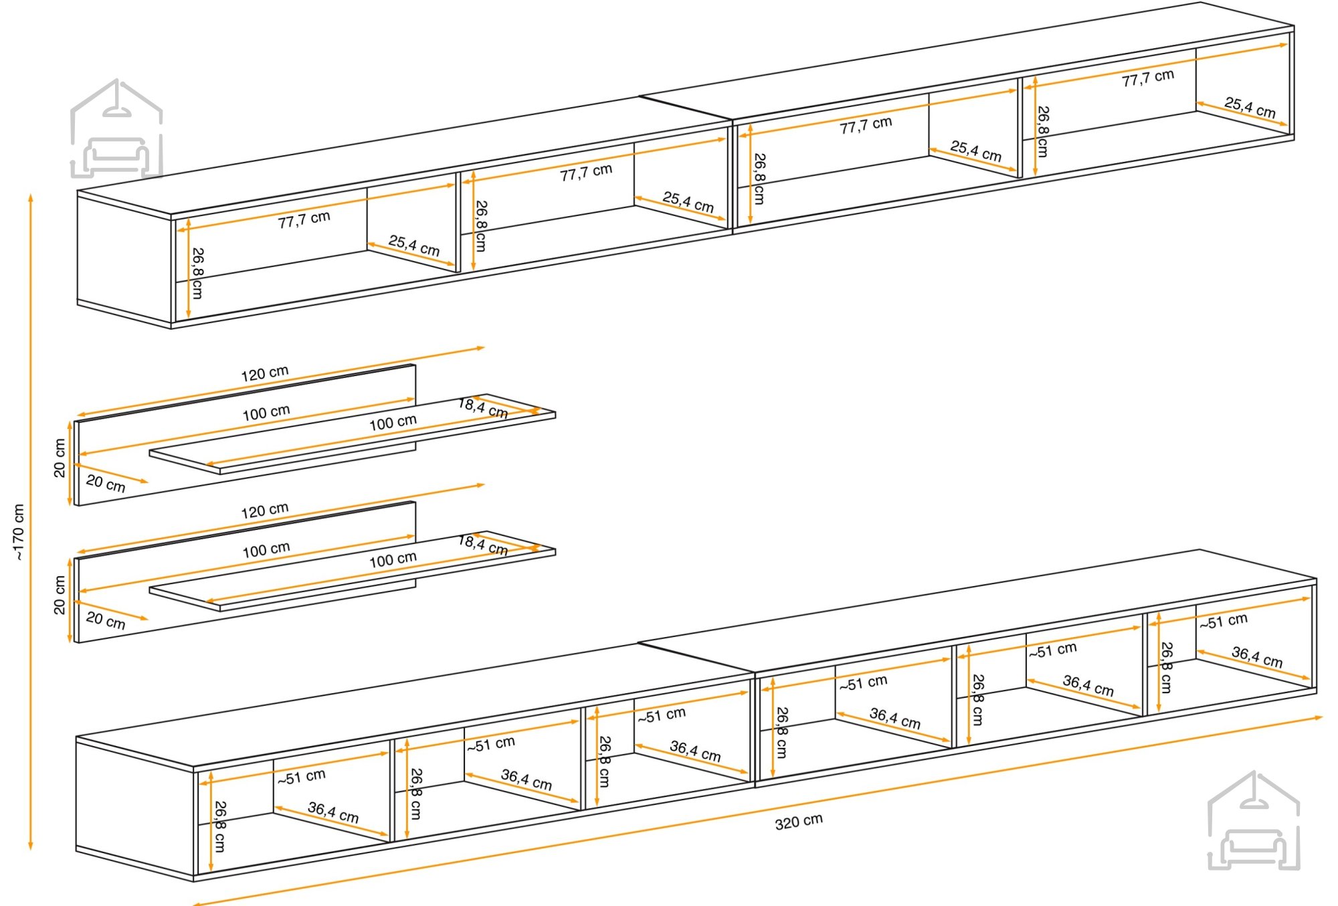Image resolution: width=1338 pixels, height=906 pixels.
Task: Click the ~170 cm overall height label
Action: tap(19, 532)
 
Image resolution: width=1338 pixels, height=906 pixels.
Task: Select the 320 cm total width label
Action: tap(799, 822)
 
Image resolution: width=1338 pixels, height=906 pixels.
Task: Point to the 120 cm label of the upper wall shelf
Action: tap(265, 373)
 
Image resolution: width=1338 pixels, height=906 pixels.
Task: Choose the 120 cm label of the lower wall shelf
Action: tap(265, 511)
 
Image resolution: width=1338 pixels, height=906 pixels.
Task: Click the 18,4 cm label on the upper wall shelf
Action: tap(483, 408)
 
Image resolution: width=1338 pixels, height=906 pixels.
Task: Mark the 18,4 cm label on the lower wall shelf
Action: tap(483, 545)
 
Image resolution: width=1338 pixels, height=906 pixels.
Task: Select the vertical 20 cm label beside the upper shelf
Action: tap(60, 458)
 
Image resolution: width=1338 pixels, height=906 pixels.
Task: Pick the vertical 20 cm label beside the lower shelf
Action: tap(60, 595)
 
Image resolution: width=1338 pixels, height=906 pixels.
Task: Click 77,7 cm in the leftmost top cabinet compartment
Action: tap(304, 219)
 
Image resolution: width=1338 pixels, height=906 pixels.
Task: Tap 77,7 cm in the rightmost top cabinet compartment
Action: tap(1148, 78)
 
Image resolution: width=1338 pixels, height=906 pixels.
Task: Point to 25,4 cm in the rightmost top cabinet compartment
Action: tap(1250, 107)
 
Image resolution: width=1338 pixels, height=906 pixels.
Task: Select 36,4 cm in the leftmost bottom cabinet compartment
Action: tap(333, 812)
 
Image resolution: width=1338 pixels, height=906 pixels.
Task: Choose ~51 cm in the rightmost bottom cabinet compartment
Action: tap(1223, 621)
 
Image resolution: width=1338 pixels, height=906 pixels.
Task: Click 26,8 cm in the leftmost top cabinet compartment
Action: tap(197, 274)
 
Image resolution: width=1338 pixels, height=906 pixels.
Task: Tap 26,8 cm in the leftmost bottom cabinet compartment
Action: tap(219, 826)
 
